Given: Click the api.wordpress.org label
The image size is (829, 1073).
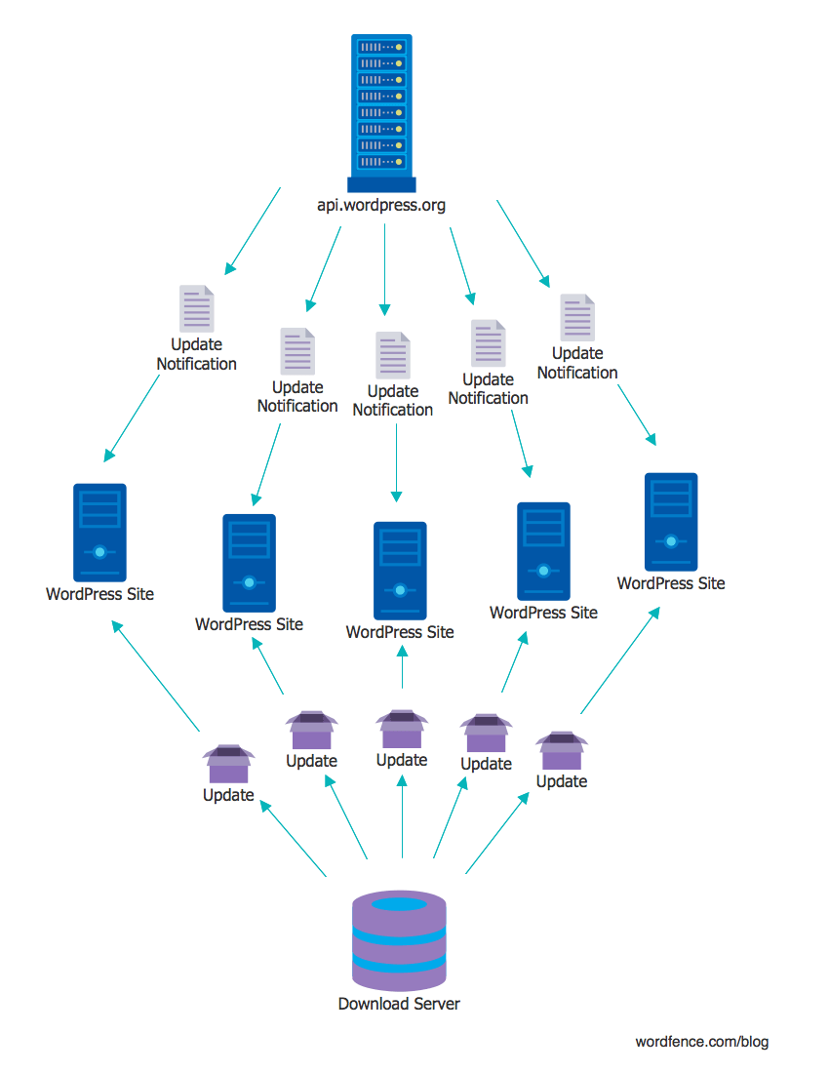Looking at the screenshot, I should pos(381,205).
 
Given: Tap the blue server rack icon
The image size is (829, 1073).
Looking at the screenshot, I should pos(381,112).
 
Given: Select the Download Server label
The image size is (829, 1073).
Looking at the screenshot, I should pos(399,1004).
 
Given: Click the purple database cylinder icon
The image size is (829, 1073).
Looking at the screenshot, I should pos(399,940).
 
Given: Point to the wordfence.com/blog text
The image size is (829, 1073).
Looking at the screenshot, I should pos(702,1042).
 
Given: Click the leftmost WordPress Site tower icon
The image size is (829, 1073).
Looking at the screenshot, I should pos(99,532).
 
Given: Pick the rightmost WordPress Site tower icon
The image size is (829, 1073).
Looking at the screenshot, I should pos(671,522).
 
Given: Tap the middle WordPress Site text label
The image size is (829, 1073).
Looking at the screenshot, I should pos(400,632).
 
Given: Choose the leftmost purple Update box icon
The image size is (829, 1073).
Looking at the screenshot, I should pos(228,764).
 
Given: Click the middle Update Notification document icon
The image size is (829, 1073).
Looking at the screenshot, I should pos(393,355).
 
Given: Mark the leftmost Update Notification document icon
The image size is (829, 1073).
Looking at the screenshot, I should pos(196,309).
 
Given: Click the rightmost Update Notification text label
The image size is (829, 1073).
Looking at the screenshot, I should pos(577,363).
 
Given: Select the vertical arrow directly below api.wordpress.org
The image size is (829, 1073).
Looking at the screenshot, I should pos(384,269).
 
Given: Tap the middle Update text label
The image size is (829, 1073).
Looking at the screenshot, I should pos(402,760).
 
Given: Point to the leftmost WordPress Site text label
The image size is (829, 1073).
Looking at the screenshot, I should pos(99,594).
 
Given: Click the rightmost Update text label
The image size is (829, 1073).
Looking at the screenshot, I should pos(562,781).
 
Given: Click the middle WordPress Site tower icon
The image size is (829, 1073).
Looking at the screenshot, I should pos(400,570).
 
